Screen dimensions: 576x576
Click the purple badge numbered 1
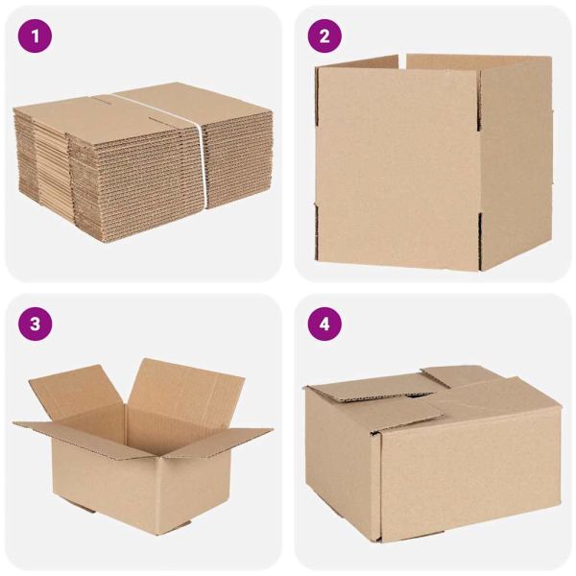36,36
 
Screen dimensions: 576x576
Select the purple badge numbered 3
36,324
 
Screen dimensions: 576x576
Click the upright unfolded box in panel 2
432,163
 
